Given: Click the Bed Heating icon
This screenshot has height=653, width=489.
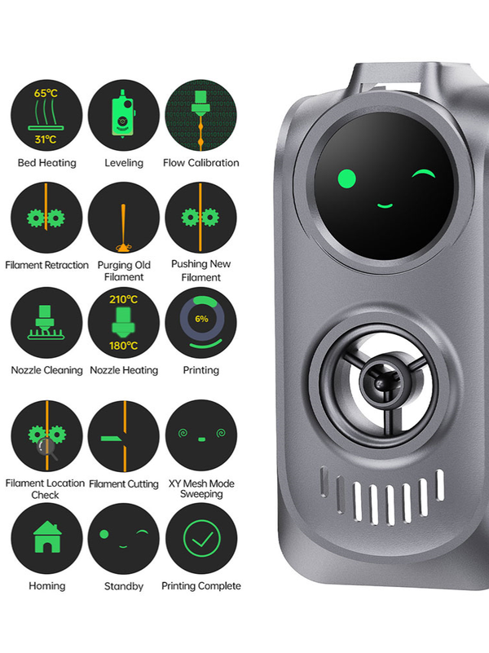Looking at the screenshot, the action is [46, 116].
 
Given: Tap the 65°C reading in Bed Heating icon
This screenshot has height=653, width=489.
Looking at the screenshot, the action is [46, 93].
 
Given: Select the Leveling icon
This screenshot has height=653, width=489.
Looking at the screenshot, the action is [124, 116].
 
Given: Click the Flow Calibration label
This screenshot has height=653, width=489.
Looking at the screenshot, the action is [201, 163].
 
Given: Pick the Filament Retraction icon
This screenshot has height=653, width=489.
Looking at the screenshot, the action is [46, 218].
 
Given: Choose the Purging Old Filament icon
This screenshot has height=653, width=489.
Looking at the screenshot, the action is [124, 218].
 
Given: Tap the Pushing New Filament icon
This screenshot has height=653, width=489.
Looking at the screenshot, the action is [201, 218].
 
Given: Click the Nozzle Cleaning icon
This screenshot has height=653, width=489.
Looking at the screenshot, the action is [46, 323].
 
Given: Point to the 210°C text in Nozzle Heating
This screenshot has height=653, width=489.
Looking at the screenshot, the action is [124, 299].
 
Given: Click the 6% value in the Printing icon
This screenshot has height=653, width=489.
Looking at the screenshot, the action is [201, 319].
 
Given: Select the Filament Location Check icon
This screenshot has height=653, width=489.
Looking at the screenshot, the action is [46, 436].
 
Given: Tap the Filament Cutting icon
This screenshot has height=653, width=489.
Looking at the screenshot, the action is [124, 436].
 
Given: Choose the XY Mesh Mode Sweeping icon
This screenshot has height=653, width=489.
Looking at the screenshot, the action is [201, 435].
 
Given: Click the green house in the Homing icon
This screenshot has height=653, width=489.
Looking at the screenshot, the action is [47, 537].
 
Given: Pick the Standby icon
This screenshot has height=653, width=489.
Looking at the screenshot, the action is [124, 539].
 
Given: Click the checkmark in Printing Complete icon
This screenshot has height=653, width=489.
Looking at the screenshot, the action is [202, 539].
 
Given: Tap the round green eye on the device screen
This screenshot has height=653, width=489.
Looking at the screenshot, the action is [346, 179].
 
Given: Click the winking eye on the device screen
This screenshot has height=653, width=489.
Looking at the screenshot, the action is [423, 174].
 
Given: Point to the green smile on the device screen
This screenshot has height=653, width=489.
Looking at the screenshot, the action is [385, 205].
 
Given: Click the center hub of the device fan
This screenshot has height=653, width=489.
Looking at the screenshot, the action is [379, 381].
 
